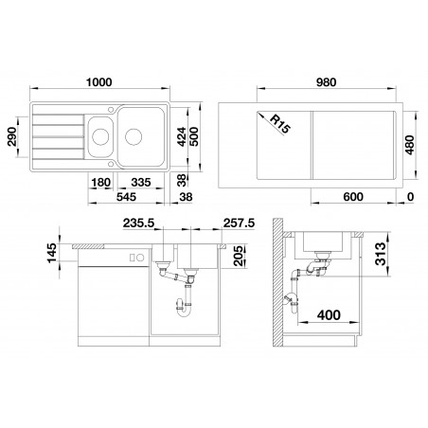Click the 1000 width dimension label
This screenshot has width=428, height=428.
coord(99,82)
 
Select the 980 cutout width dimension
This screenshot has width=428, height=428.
coord(326,82)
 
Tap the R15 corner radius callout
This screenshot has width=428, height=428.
coord(279,124)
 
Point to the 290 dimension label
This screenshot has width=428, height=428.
coord(12,136)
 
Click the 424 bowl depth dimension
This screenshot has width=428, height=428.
coord(181,136)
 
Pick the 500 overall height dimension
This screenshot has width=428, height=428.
coord(193,136)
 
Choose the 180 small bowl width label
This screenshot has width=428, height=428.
coord(101,182)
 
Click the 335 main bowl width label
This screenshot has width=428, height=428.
coord(141,182)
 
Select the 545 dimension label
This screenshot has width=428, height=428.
coord(126,197)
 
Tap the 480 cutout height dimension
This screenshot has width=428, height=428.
coord(409,145)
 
